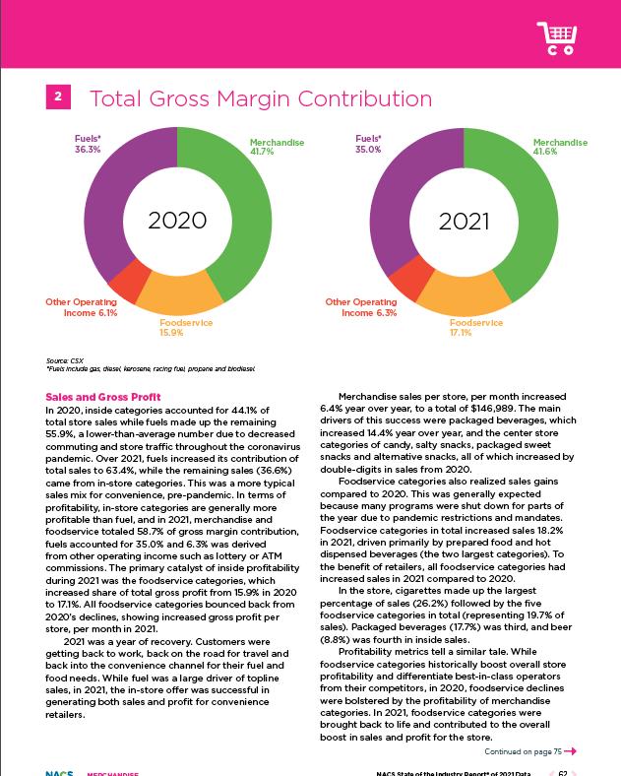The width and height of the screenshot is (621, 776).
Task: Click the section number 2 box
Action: pyautogui.click(x=59, y=97)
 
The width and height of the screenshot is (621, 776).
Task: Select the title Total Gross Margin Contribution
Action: pyautogui.click(x=260, y=98)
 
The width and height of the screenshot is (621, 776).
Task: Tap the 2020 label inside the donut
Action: pyautogui.click(x=177, y=221)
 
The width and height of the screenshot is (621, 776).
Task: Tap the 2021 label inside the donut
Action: pyautogui.click(x=463, y=221)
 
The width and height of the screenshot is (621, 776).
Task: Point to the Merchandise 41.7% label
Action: pyautogui.click(x=276, y=149)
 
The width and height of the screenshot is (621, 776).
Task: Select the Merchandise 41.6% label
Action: pyautogui.click(x=559, y=149)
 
